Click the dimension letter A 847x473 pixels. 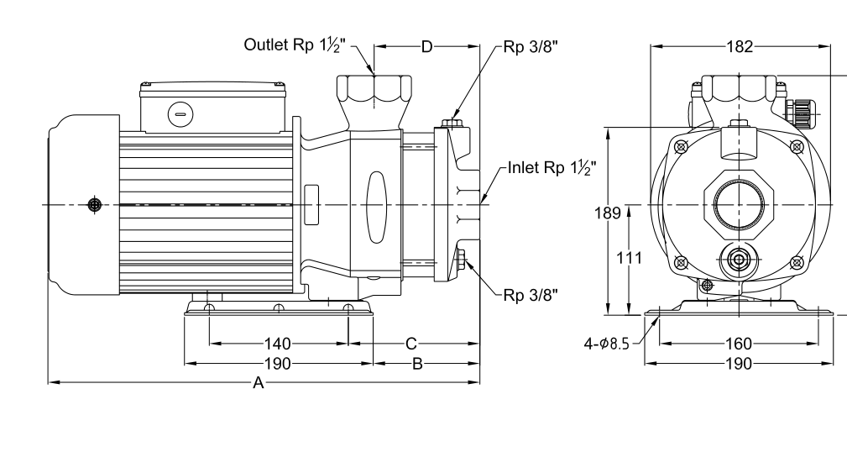tap(259, 383)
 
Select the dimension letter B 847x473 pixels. tap(417, 364)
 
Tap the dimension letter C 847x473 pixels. tap(411, 344)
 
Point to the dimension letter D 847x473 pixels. tap(426, 47)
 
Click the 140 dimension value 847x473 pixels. tap(278, 344)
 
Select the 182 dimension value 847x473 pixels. tap(740, 47)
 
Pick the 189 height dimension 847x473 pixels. tap(608, 213)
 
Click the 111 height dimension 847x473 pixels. tap(630, 258)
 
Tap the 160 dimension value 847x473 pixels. tap(739, 344)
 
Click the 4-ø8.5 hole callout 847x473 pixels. tap(607, 344)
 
